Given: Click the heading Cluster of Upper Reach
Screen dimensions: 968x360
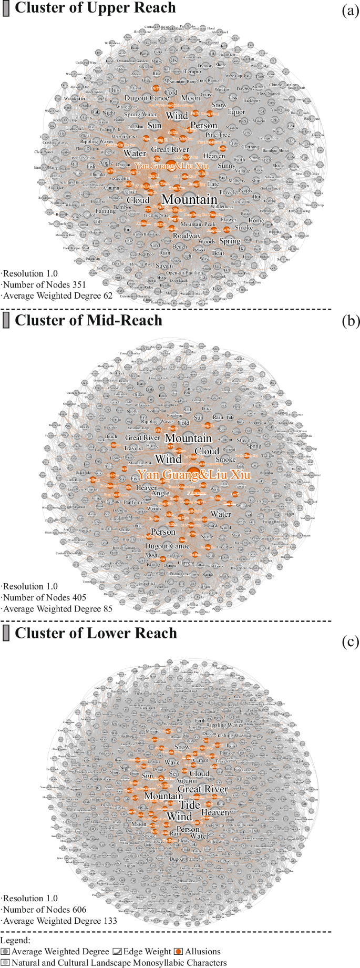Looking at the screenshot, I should (x=95, y=8).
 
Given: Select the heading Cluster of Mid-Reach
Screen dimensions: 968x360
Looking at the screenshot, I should (x=88, y=320).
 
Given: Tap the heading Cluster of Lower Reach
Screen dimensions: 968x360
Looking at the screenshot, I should (x=96, y=633).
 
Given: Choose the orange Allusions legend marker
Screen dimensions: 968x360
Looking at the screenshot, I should (x=179, y=952).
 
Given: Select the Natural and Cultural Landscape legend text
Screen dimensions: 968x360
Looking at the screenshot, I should (x=119, y=963).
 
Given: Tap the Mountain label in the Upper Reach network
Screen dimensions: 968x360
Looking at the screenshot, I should (x=189, y=200).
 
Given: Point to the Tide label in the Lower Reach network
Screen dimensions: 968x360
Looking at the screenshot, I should (x=190, y=805).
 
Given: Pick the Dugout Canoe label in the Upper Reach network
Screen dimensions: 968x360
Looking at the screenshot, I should (x=147, y=98).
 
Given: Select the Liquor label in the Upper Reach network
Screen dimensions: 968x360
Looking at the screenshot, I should (x=236, y=111).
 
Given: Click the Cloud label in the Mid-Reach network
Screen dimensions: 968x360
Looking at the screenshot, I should (x=207, y=451).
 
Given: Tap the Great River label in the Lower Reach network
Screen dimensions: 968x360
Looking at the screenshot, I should (x=203, y=789).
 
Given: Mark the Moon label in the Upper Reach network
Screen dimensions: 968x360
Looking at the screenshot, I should (x=190, y=98).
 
